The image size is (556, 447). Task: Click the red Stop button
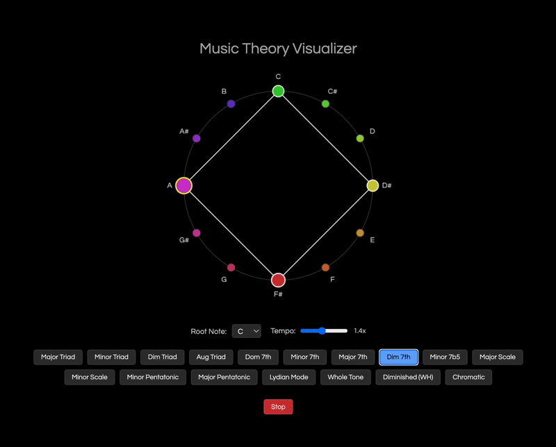(278, 407)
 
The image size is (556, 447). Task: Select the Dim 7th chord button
(398, 357)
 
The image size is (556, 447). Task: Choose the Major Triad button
(58, 357)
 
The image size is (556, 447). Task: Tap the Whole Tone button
(346, 377)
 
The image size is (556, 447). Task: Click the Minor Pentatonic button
(153, 377)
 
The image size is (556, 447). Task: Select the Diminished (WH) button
(408, 377)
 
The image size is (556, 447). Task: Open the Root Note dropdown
(246, 331)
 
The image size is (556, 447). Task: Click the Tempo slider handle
(322, 331)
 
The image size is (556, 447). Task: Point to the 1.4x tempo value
(360, 331)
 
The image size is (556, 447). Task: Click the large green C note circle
(278, 91)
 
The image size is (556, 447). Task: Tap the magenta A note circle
(183, 185)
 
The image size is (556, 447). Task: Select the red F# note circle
(278, 280)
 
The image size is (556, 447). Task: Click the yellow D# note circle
(373, 185)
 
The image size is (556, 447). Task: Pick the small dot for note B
(231, 103)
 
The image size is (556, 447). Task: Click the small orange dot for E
(360, 233)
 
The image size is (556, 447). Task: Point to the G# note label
(184, 240)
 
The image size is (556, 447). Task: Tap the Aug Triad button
(211, 357)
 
